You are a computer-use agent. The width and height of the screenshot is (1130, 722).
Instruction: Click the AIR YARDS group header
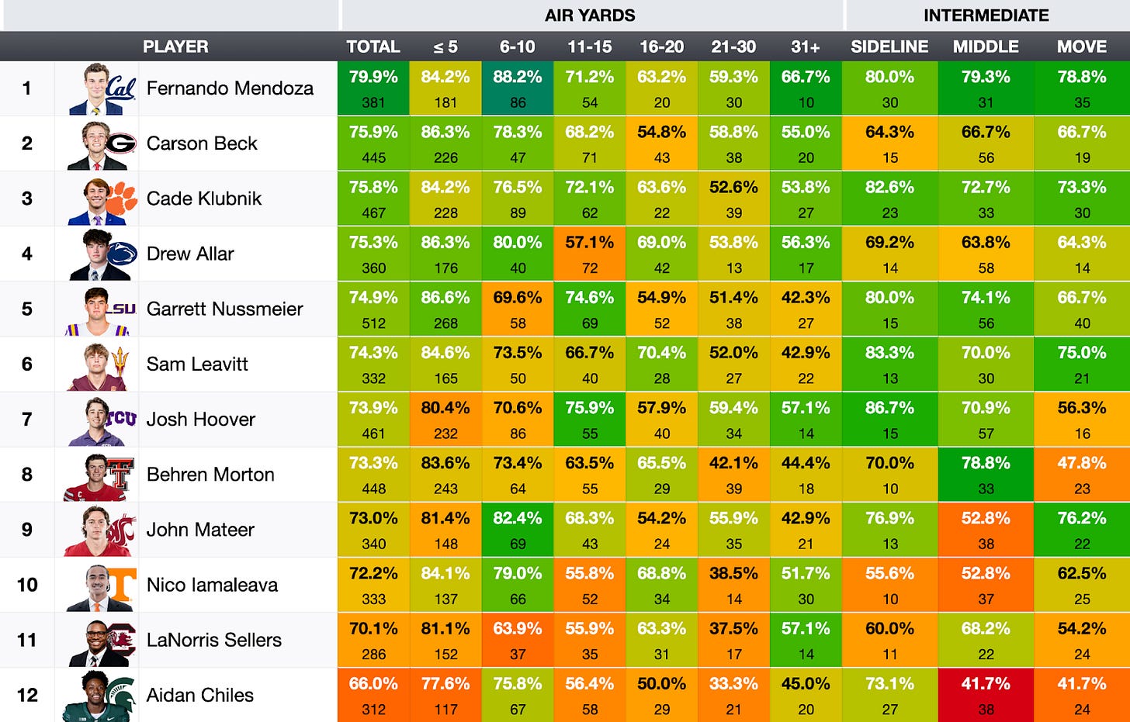(x=590, y=16)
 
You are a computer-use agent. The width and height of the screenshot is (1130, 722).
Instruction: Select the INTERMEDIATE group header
(x=986, y=16)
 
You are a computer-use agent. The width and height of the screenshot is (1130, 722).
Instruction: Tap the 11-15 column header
(x=590, y=47)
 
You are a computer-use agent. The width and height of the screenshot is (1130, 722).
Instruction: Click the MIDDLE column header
(x=986, y=47)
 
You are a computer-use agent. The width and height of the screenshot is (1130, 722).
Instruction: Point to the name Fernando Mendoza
(x=230, y=88)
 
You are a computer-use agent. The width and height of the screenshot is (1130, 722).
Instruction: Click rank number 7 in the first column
(x=27, y=420)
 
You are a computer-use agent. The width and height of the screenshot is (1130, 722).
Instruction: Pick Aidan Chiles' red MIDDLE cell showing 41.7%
(x=986, y=695)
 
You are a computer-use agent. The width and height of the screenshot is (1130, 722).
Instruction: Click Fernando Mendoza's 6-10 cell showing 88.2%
(x=518, y=88)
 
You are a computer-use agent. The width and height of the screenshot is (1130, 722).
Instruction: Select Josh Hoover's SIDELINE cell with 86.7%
(x=889, y=420)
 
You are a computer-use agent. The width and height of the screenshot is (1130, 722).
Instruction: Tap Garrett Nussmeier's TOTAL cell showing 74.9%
(x=373, y=309)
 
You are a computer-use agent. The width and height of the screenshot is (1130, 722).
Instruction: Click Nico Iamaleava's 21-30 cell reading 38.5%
(x=733, y=585)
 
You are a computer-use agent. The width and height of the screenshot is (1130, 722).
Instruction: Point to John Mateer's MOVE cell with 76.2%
(x=1082, y=530)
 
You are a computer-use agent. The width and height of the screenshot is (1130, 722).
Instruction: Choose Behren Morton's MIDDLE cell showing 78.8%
(x=986, y=475)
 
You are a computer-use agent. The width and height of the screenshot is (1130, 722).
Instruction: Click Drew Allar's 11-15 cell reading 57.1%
(x=590, y=254)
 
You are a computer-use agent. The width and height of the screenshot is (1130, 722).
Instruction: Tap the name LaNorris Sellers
(x=214, y=640)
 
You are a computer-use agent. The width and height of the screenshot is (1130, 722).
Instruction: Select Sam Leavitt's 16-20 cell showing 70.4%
(x=661, y=364)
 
